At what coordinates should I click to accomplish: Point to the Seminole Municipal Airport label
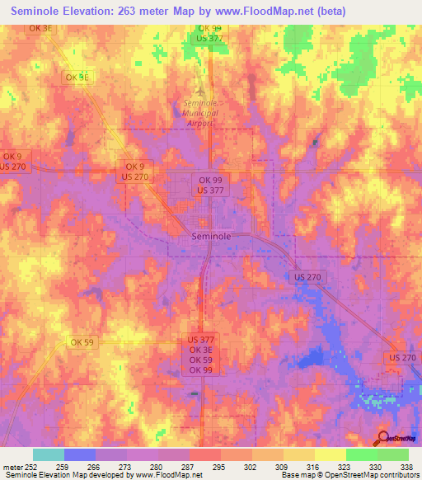click(x=199, y=111)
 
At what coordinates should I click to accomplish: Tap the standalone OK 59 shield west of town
click(x=82, y=342)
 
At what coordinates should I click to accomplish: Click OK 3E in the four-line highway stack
click(x=202, y=349)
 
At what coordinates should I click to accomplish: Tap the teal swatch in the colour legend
click(x=49, y=454)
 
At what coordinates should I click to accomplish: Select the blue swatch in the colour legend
click(x=80, y=454)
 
